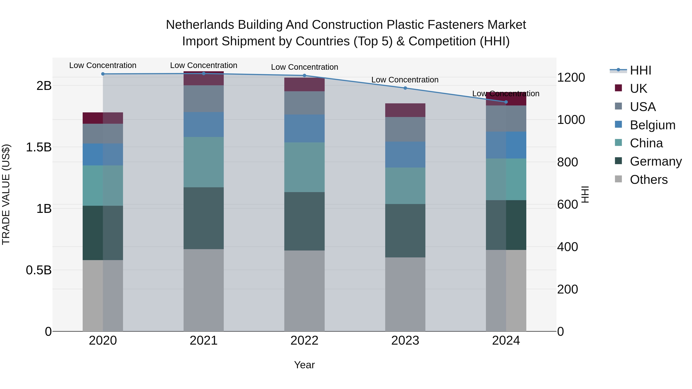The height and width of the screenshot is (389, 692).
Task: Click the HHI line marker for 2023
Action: pos(405,88)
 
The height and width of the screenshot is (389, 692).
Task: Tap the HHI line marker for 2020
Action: pos(103,74)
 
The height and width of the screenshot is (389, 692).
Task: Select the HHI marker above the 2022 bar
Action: pos(304,75)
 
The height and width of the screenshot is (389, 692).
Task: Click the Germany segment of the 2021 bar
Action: pos(203,218)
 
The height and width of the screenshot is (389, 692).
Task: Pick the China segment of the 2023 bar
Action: pos(405,186)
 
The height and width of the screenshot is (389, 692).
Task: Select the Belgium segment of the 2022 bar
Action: pos(304,128)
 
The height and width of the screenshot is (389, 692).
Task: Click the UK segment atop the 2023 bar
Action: pos(405,110)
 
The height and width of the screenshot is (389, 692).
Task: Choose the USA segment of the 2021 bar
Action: pos(203,99)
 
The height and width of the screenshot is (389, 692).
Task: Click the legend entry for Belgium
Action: pos(652,125)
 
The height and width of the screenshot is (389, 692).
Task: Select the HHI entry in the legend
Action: pos(640,70)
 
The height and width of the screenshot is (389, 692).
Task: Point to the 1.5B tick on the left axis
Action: pos(38,147)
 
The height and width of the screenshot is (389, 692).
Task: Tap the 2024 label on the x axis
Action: pos(506,341)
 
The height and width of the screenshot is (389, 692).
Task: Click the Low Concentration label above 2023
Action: pos(405,80)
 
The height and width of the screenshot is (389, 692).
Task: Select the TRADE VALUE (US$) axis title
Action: pos(6,194)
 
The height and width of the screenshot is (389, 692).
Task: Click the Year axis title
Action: pos(304,365)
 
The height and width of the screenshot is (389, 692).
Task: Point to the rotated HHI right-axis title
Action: pos(585,194)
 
